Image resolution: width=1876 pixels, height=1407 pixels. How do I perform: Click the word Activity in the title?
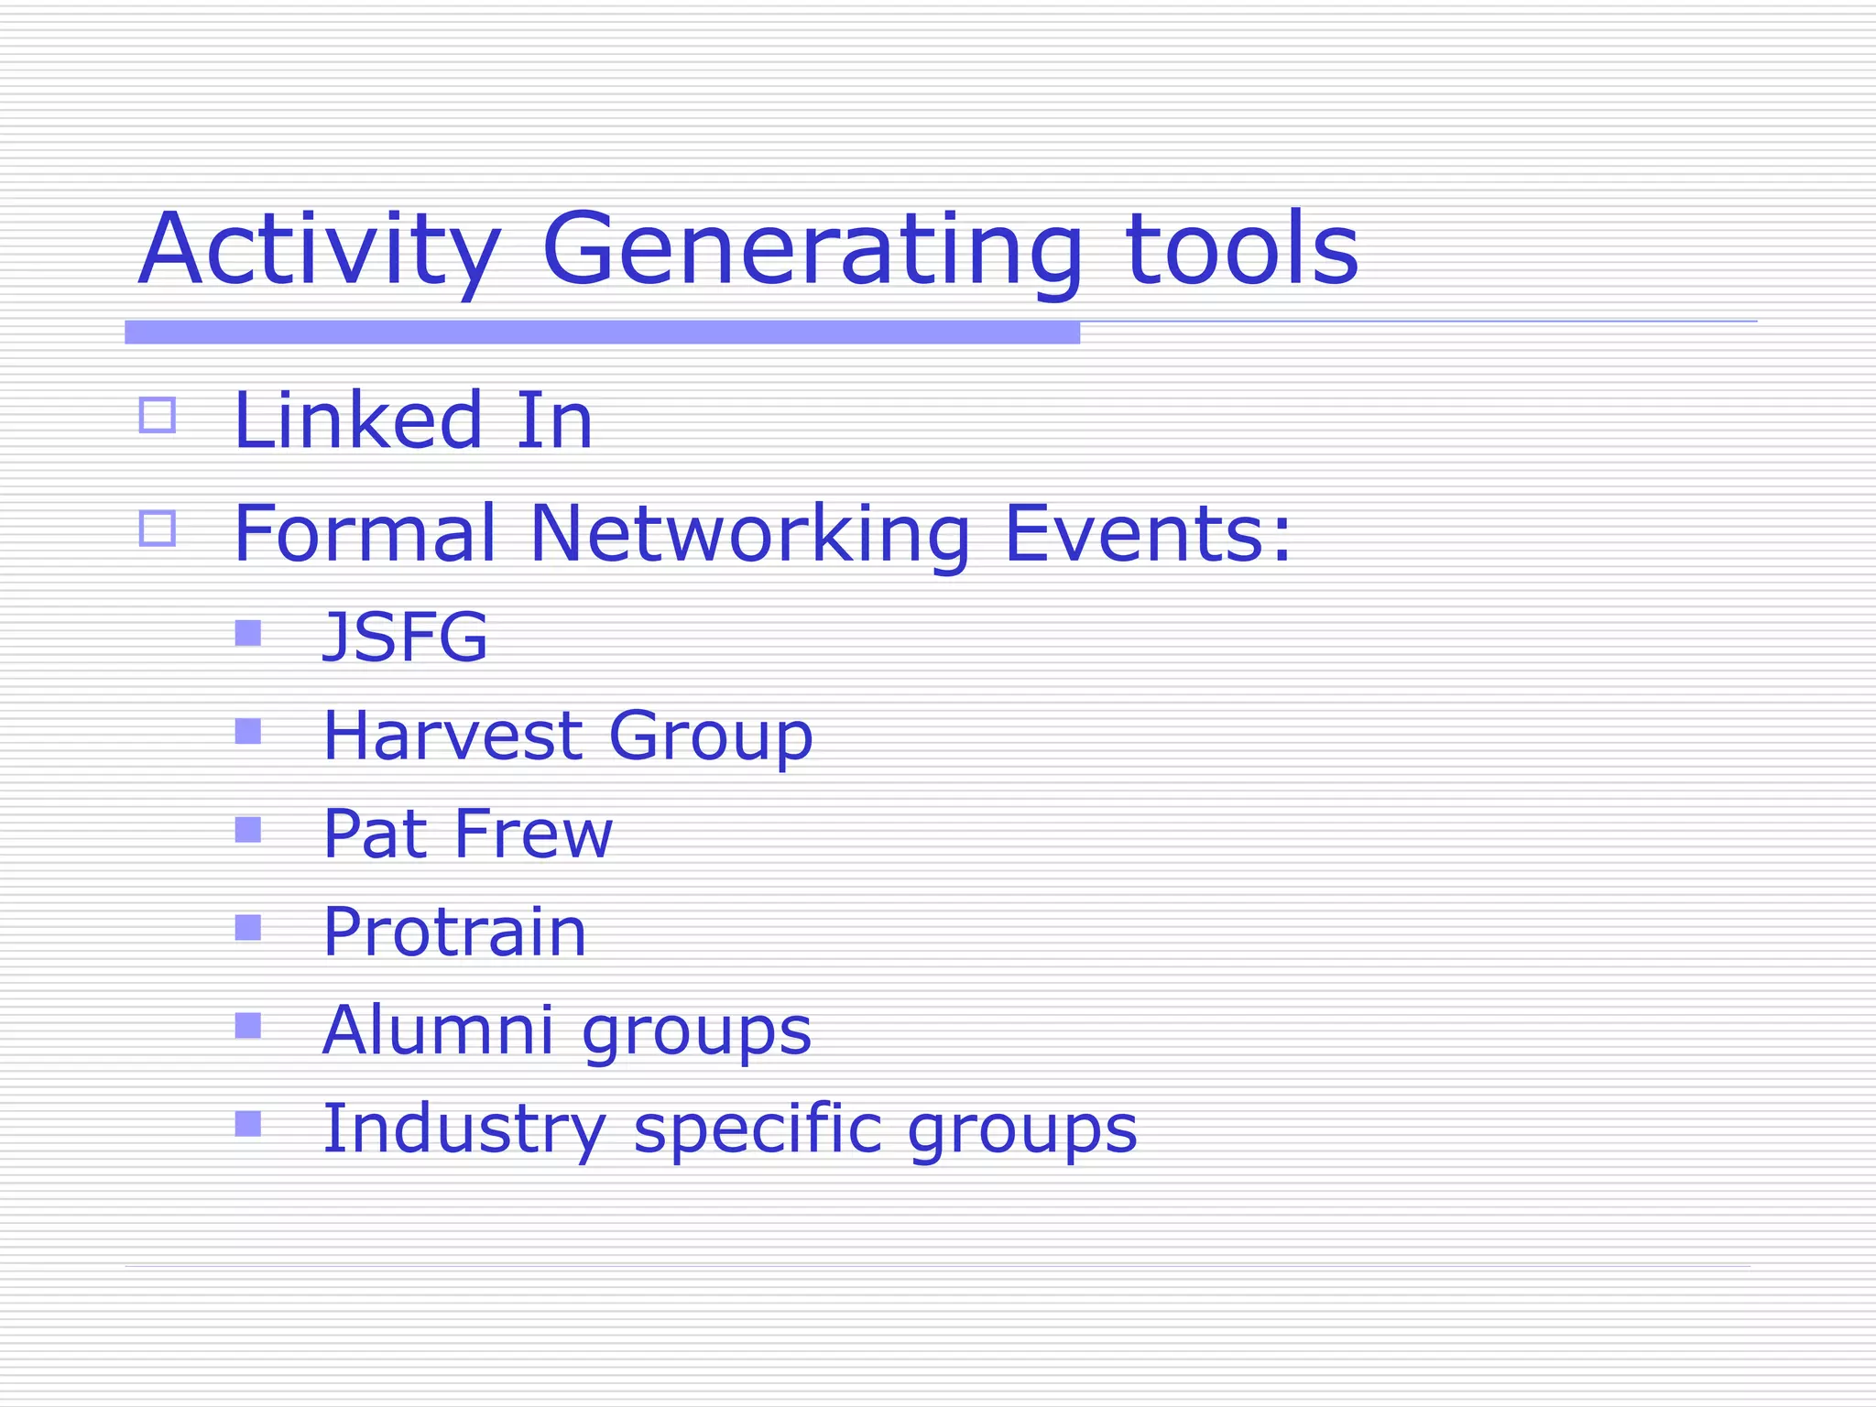click(x=319, y=249)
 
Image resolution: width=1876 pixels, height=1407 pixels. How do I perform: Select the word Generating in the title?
click(x=813, y=249)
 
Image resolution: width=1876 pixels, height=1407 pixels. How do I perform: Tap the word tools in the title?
click(x=1241, y=249)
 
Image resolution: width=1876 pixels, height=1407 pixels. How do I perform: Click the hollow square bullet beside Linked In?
click(x=158, y=415)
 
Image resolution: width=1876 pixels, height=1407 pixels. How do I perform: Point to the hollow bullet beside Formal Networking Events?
click(x=158, y=529)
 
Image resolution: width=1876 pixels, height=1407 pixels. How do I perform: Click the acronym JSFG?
click(x=406, y=636)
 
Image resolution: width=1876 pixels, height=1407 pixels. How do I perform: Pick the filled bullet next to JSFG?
click(x=248, y=633)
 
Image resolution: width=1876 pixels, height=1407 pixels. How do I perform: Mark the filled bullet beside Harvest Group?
click(x=248, y=731)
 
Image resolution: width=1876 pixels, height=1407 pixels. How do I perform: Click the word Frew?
click(x=533, y=834)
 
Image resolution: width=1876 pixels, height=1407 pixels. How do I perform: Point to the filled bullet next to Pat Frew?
click(x=248, y=830)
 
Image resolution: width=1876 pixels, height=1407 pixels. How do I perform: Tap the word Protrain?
click(x=454, y=932)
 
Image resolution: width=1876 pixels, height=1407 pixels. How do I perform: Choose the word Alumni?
click(x=438, y=1030)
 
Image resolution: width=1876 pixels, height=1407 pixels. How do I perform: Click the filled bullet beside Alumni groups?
click(x=248, y=1026)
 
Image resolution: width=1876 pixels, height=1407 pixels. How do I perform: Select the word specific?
click(x=758, y=1129)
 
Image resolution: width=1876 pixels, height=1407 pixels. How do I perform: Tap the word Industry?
click(x=464, y=1129)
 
